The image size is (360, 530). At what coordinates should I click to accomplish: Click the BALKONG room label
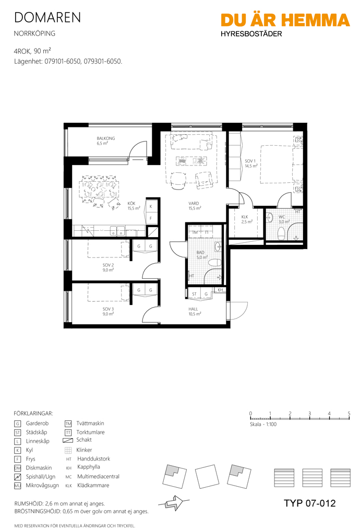pos(106,140)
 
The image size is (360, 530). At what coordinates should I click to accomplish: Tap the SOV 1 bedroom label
pos(251,163)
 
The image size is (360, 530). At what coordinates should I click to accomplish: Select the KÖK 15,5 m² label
pos(134,206)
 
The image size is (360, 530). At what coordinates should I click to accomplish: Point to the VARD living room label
pos(195,206)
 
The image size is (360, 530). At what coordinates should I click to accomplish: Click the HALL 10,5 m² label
pos(195,311)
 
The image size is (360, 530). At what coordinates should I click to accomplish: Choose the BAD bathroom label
pos(201,255)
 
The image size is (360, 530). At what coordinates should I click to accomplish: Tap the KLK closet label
pos(247,219)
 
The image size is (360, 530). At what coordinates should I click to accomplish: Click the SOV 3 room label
pos(108,311)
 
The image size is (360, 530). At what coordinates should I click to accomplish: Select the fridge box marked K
pos(151,207)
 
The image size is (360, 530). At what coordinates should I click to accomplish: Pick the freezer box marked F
pos(151,218)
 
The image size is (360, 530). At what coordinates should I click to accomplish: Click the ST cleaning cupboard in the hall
pos(194,294)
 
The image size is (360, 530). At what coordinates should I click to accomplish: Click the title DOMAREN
pos(47,18)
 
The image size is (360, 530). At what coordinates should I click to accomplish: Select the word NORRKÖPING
pos(34,33)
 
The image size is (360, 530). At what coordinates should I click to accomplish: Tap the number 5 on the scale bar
pos(349,414)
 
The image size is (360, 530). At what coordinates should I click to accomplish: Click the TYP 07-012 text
pos(310,503)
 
